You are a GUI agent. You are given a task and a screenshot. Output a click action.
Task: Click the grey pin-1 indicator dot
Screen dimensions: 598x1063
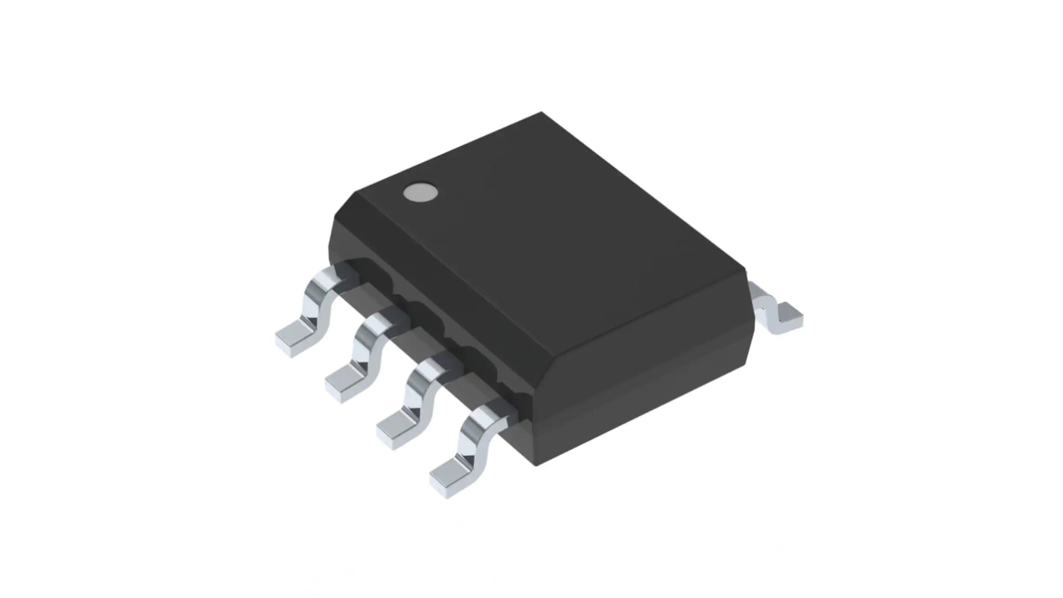click(420, 193)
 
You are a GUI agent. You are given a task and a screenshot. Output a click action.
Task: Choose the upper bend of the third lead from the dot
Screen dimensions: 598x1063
click(428, 370)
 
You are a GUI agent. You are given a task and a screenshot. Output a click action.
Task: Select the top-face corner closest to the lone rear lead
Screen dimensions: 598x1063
click(746, 267)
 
